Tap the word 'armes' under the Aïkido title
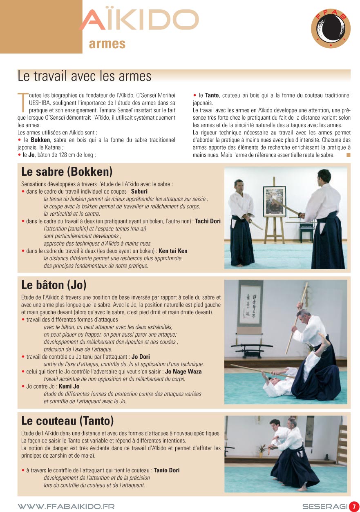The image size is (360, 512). point(107,44)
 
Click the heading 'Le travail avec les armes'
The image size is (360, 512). point(85,76)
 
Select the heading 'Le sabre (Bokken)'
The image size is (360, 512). point(67,171)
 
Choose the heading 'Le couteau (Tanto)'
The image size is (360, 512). point(67,420)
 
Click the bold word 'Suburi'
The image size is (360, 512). point(139,191)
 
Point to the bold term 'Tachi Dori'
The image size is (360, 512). point(208,221)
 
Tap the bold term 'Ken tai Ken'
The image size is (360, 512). point(173,251)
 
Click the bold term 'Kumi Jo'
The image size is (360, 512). point(69,386)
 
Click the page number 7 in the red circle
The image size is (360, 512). point(354,506)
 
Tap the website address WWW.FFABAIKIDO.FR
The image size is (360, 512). point(66,506)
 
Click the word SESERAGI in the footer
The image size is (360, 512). point(324,506)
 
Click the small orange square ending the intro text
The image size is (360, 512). point(348,155)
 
